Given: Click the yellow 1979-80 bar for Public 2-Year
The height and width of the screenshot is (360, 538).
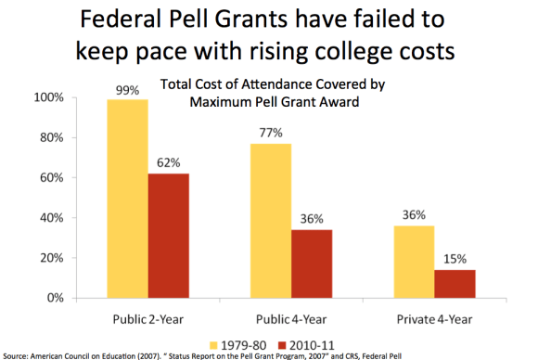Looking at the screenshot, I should pyautogui.click(x=127, y=199).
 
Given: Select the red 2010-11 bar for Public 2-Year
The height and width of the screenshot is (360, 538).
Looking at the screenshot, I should pyautogui.click(x=168, y=236).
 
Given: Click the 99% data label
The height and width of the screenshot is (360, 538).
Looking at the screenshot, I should pyautogui.click(x=127, y=90).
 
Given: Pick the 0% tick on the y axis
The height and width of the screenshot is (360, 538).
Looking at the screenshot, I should pyautogui.click(x=54, y=299).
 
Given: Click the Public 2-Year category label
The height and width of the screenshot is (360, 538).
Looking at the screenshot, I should pyautogui.click(x=148, y=317).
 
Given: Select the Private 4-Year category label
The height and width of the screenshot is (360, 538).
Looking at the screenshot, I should pyautogui.click(x=433, y=317).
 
